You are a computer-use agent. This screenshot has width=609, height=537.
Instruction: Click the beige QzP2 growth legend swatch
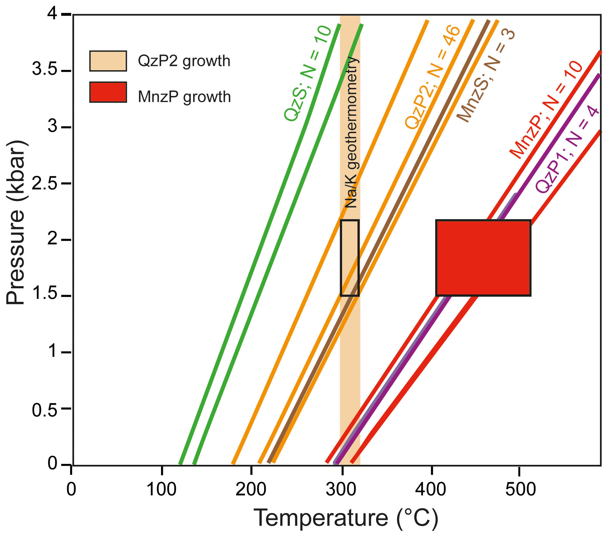point(108,61)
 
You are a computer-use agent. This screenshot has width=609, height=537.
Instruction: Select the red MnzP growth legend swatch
point(108,92)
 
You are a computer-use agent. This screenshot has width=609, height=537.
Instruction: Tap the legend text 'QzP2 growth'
point(184,61)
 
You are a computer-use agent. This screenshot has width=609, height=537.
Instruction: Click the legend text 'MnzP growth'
point(184,97)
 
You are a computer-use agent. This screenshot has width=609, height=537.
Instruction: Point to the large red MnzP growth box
point(483,258)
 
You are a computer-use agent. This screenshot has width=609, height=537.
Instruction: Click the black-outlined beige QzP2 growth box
point(350,258)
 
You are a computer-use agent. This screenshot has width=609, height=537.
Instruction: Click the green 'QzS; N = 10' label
point(308,73)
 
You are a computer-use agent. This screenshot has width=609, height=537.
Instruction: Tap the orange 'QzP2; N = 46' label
point(433,77)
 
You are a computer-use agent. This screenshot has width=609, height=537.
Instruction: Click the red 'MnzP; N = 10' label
point(546,110)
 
